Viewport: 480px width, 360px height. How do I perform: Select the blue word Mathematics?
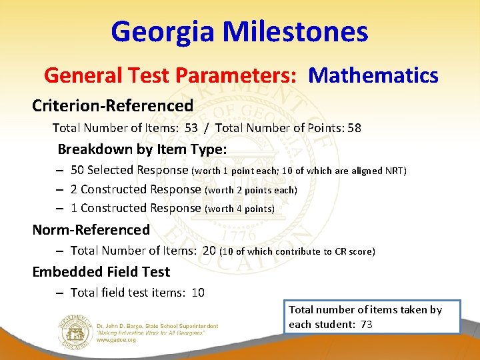tap(373, 75)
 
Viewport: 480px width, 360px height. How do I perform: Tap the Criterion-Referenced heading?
tap(113, 105)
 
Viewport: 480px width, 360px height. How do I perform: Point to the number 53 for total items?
tap(191, 128)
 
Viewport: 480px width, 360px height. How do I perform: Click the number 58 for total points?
tap(353, 128)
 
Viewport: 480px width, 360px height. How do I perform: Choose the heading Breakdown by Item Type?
tap(142, 149)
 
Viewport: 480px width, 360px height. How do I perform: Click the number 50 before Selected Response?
tap(77, 170)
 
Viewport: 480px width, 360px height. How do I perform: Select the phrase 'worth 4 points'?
tap(241, 209)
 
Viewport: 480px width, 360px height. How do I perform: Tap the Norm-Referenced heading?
tap(91, 230)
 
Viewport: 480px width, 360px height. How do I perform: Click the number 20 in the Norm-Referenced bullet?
tap(209, 251)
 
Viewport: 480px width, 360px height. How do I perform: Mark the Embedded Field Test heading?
tap(101, 272)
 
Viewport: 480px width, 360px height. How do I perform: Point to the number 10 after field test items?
tap(197, 293)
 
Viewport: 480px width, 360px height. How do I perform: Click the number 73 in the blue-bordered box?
tap(365, 325)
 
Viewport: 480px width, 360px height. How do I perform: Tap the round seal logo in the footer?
tap(75, 326)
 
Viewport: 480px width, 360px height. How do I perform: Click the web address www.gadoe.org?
tap(117, 339)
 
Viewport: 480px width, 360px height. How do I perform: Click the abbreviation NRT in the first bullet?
tap(394, 171)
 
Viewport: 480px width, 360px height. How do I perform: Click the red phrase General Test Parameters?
tap(170, 75)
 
